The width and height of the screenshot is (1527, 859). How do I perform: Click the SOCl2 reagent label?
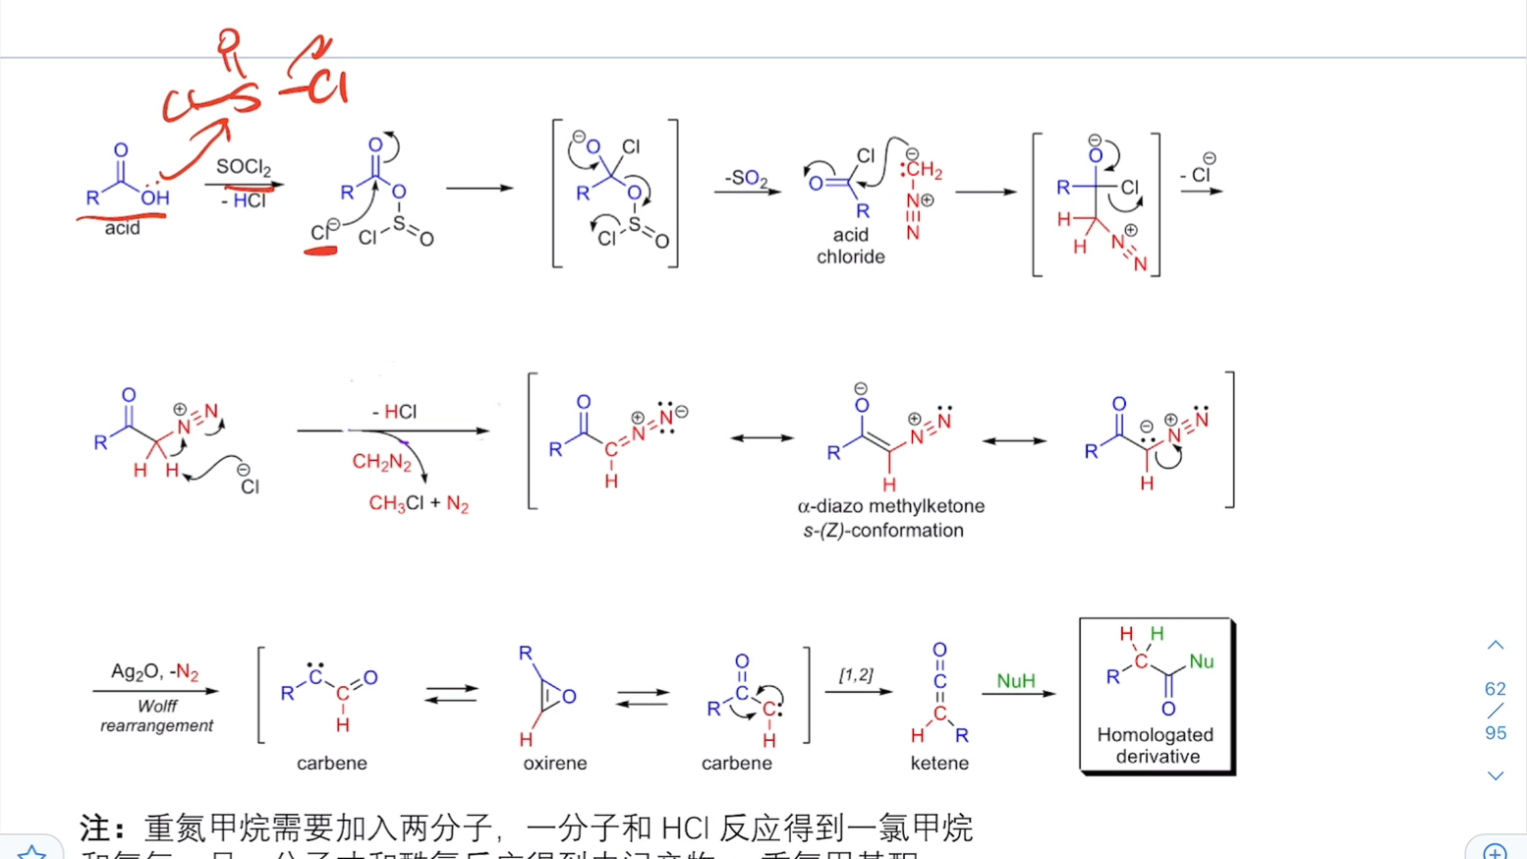[x=243, y=167]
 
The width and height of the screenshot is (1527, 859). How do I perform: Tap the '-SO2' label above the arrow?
[x=746, y=178]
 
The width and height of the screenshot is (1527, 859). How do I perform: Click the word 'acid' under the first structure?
[x=122, y=228]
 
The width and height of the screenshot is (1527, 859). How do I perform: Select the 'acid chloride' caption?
[x=850, y=246]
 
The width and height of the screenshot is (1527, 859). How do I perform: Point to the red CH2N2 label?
[x=381, y=462]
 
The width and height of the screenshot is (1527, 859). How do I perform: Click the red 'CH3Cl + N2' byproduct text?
[x=419, y=503]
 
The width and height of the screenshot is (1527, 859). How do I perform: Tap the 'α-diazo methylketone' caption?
[x=890, y=506]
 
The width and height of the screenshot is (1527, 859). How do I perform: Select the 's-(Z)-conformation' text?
[x=882, y=531]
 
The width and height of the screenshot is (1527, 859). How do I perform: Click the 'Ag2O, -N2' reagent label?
[x=154, y=672]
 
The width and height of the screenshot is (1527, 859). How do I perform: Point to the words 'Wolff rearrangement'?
[x=156, y=716]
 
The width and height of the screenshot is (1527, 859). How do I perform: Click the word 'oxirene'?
[x=554, y=763]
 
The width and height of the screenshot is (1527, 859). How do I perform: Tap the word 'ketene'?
[x=938, y=763]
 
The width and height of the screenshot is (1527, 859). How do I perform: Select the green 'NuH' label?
[x=1015, y=681]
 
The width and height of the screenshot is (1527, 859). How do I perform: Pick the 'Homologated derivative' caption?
[x=1156, y=745]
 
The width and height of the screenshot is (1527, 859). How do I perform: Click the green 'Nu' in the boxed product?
[x=1201, y=661]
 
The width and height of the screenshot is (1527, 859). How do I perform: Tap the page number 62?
[x=1495, y=689]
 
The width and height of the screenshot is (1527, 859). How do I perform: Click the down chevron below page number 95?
[x=1495, y=775]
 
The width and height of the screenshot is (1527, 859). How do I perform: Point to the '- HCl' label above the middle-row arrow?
[x=395, y=412]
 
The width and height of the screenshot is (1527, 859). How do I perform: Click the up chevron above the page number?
[x=1495, y=646]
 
